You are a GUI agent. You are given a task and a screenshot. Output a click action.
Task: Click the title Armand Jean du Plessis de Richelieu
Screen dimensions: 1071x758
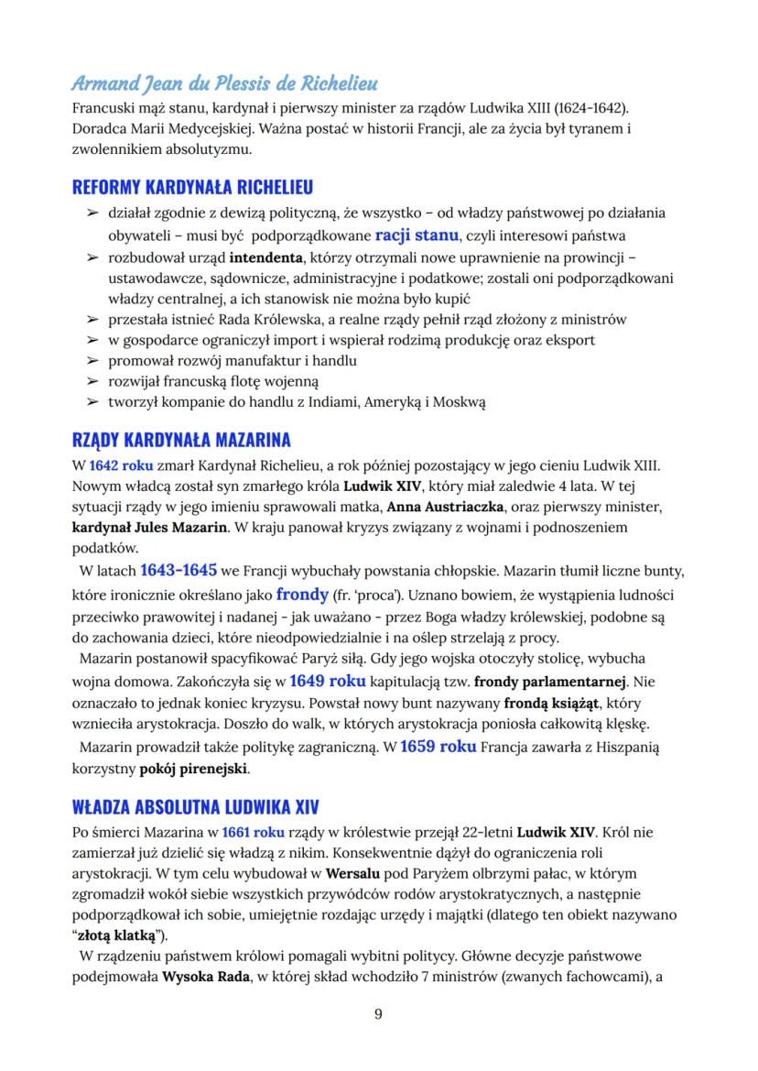click(x=224, y=84)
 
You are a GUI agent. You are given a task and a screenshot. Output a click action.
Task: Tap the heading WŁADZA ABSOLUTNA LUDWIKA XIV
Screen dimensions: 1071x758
click(x=194, y=807)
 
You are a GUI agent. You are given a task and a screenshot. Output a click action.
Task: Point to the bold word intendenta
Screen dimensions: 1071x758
click(x=265, y=257)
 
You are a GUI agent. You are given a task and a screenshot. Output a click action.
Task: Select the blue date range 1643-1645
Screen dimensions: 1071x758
click(x=178, y=569)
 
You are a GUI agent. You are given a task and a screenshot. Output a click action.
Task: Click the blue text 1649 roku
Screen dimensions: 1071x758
click(x=327, y=681)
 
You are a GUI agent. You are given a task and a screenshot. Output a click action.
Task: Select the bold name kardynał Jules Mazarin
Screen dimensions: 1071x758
click(x=150, y=527)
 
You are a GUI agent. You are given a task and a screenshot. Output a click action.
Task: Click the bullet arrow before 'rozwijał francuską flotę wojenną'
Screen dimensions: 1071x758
click(x=92, y=381)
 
